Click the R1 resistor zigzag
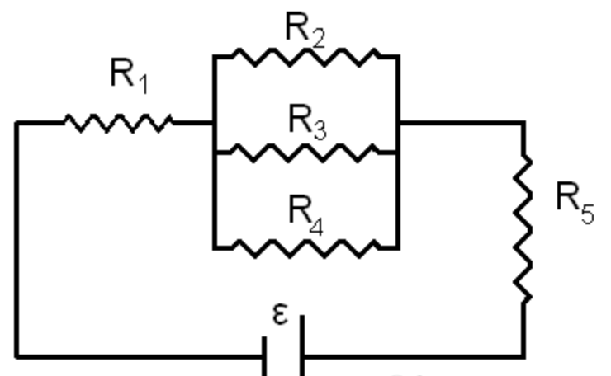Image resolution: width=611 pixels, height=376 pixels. click(x=117, y=123)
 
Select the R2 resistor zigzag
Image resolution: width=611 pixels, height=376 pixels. click(x=305, y=56)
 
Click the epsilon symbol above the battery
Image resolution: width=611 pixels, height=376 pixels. click(x=280, y=314)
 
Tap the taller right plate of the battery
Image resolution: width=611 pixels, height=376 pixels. click(x=301, y=346)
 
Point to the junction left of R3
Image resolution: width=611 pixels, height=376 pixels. click(x=214, y=152)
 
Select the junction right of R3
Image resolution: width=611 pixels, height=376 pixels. click(x=398, y=152)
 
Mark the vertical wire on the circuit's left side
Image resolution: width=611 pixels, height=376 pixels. click(x=16, y=239)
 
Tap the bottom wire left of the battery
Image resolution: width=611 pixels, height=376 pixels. click(x=140, y=357)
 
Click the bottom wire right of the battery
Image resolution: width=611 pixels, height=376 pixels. click(x=413, y=357)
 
